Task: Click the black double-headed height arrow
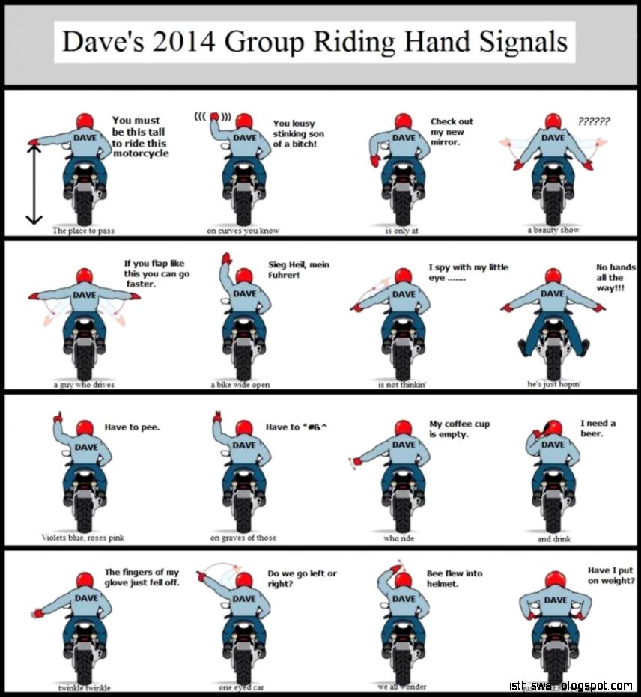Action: click(34, 184)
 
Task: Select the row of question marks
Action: click(593, 121)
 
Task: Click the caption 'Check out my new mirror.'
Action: click(452, 132)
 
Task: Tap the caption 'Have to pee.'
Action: click(132, 427)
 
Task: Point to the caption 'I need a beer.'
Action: click(598, 428)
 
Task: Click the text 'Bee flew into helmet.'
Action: click(455, 578)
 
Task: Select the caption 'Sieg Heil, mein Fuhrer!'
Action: click(299, 270)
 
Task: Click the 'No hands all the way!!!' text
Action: click(616, 277)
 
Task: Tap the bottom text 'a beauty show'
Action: click(553, 230)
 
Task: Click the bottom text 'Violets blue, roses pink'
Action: click(83, 538)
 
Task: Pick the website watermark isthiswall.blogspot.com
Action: click(571, 685)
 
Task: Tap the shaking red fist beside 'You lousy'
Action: click(215, 116)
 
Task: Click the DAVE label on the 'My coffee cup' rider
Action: click(404, 445)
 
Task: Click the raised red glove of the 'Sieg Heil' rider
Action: click(226, 258)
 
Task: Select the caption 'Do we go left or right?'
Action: click(303, 578)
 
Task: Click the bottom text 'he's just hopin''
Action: click(554, 383)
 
